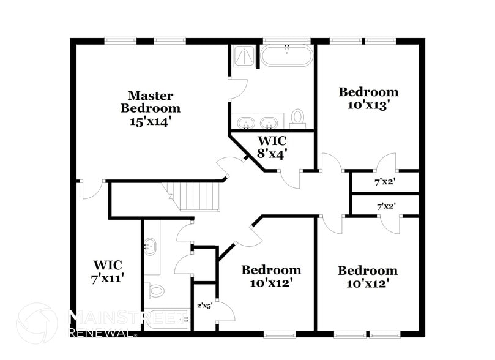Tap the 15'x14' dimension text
[151, 121]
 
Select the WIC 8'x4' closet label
[272, 147]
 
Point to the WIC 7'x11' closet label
[108, 271]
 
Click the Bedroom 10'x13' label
[368, 98]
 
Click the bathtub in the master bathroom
[286, 56]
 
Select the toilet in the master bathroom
[298, 118]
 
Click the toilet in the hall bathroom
[157, 290]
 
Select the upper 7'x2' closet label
[385, 182]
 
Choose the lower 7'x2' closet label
[385, 206]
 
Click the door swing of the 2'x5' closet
[225, 311]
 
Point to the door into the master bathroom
[237, 88]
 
